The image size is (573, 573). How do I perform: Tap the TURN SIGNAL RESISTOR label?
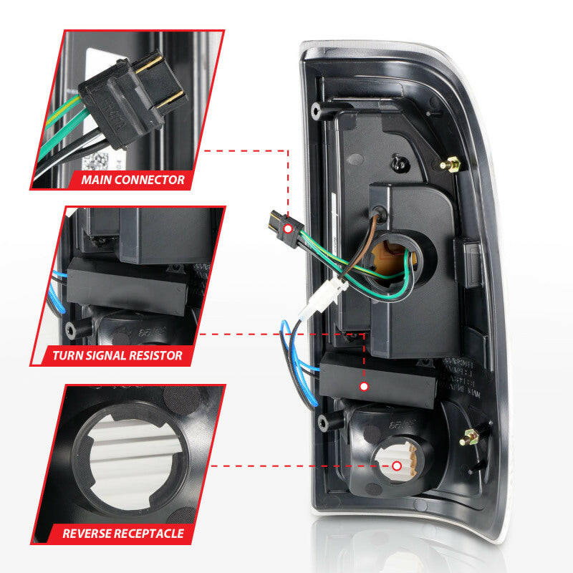pos(117,355)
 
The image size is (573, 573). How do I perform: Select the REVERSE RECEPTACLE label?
pos(123,534)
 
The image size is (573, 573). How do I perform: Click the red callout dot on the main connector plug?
pos(288,228)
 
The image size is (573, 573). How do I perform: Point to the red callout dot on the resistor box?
pos(364,386)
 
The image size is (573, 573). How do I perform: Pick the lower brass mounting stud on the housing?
pos(473,435)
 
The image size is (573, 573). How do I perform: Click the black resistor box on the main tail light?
pos(380,380)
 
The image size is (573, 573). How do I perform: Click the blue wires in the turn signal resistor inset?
pos(59,294)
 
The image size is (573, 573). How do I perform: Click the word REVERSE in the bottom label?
pos(89,534)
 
